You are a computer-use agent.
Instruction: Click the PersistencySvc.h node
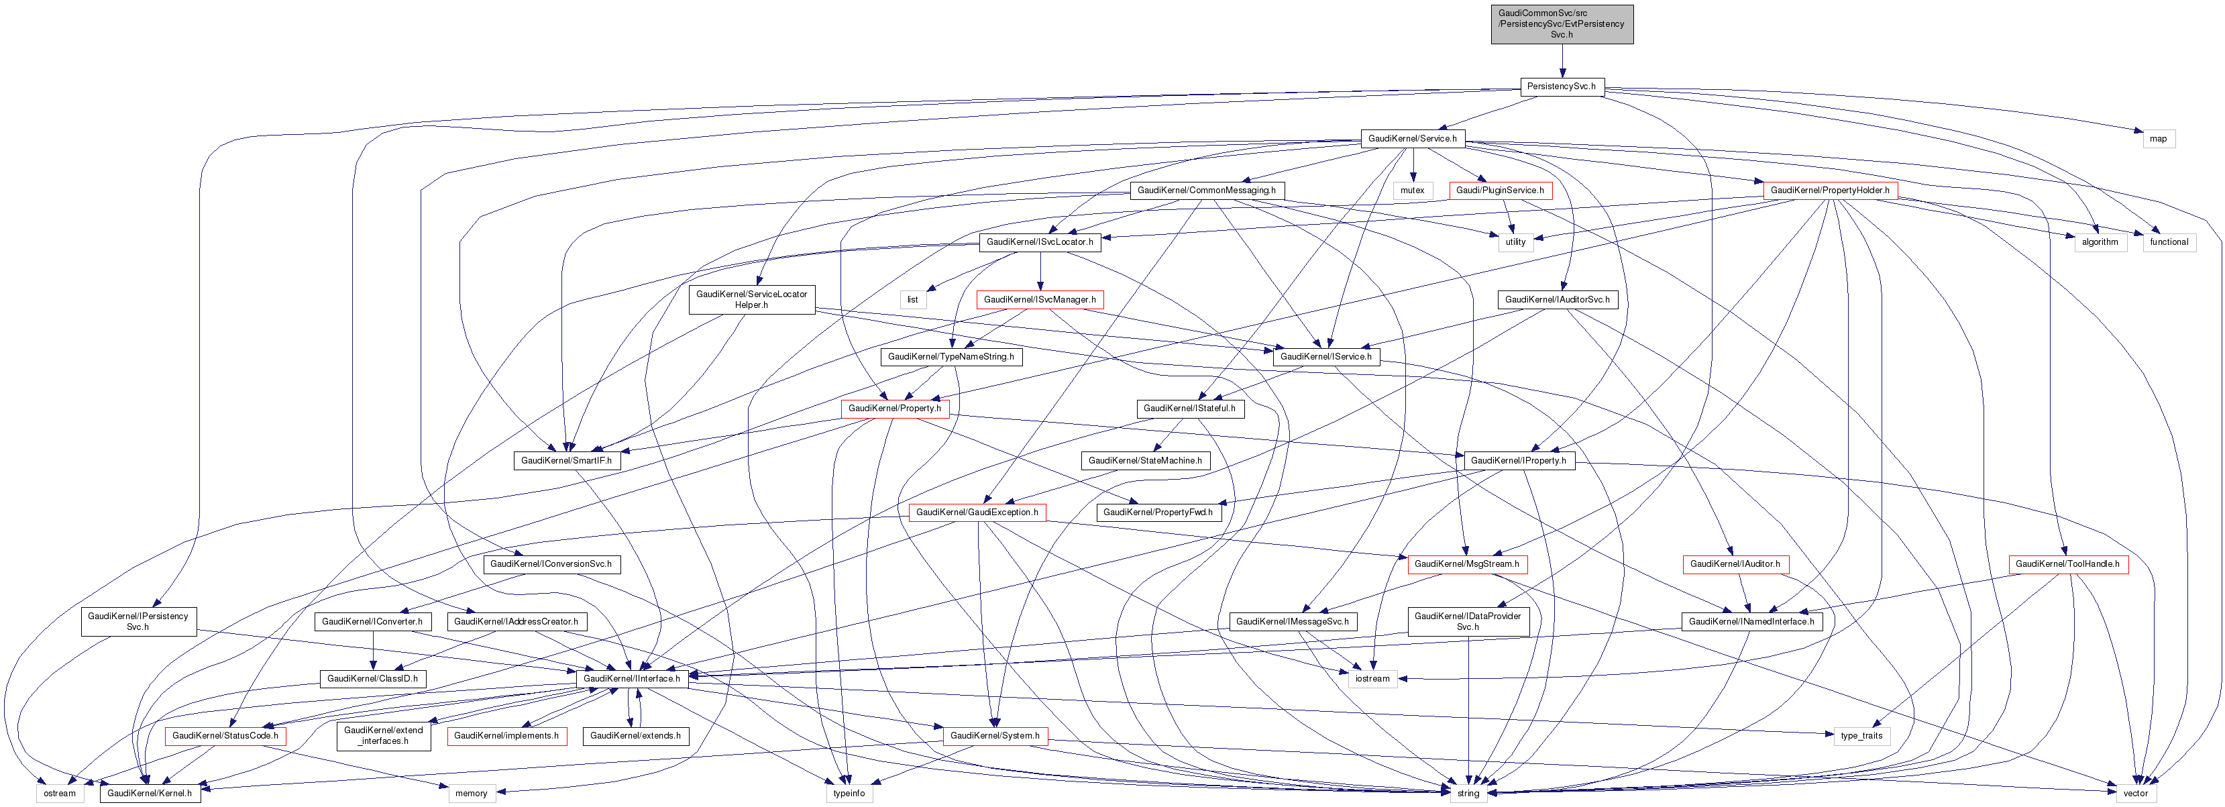point(1561,87)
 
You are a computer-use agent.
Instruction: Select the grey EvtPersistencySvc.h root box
point(1562,24)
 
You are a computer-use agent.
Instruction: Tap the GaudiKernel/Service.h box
point(1412,138)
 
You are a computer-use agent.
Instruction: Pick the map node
point(2159,138)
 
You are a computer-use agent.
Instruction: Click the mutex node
point(1412,190)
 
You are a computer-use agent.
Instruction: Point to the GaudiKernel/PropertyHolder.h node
point(1829,190)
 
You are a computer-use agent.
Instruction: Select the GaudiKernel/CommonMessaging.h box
point(1207,190)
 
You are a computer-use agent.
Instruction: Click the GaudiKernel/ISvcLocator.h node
point(1040,242)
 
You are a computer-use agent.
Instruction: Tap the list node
point(912,300)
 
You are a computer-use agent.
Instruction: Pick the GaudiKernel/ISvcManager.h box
point(1040,300)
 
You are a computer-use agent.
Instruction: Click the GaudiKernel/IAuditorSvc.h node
point(1558,300)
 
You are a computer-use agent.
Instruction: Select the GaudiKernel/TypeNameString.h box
point(951,357)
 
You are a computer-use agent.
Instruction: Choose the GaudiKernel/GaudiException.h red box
point(977,513)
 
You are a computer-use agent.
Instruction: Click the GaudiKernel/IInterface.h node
point(631,679)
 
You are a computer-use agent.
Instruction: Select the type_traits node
point(1861,736)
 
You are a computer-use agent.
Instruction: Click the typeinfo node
point(849,793)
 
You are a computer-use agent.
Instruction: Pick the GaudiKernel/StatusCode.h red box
point(225,736)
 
